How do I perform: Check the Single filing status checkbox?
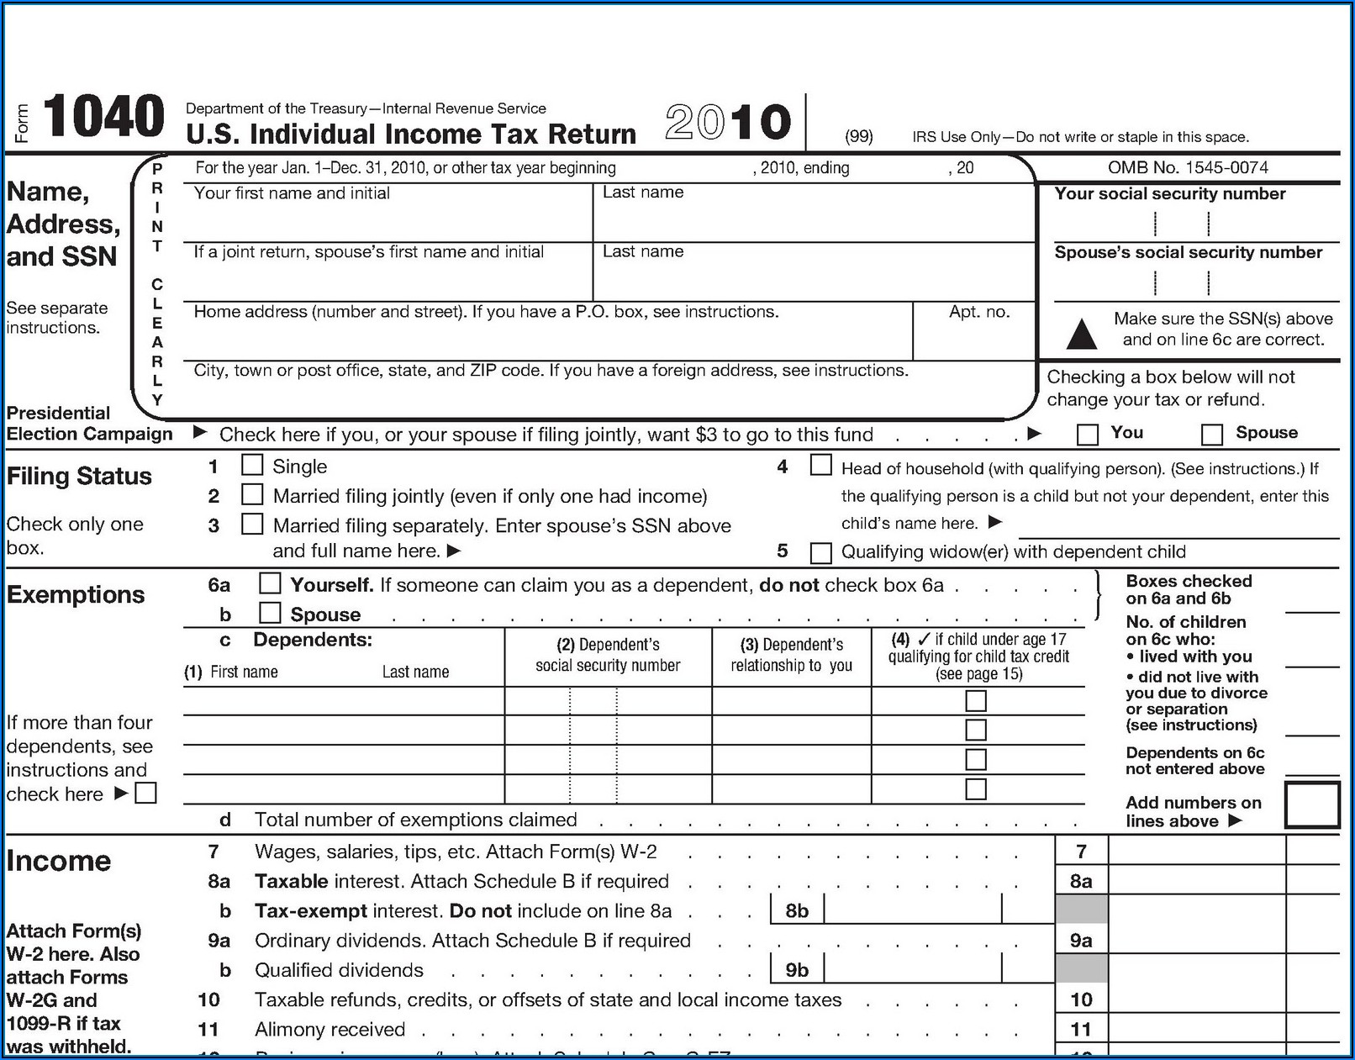click(252, 465)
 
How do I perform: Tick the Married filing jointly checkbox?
click(252, 494)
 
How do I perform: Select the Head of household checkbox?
click(820, 465)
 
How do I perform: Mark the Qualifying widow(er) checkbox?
click(820, 552)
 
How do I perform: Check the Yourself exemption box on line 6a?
click(270, 583)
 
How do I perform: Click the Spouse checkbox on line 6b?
click(270, 612)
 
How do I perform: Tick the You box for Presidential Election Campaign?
click(1088, 434)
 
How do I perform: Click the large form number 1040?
click(103, 117)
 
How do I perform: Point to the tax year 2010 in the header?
click(728, 123)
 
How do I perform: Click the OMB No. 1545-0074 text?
click(1188, 167)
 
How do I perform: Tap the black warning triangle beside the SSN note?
click(1081, 334)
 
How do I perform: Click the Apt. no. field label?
click(979, 312)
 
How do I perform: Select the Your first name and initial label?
click(292, 193)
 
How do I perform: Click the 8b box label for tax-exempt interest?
click(797, 910)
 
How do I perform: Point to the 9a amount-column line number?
click(1081, 941)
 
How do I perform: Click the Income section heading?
click(59, 861)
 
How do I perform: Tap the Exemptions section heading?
click(76, 594)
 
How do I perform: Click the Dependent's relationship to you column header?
click(791, 655)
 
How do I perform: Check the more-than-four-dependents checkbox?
click(146, 793)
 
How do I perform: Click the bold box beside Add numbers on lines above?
click(1311, 805)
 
